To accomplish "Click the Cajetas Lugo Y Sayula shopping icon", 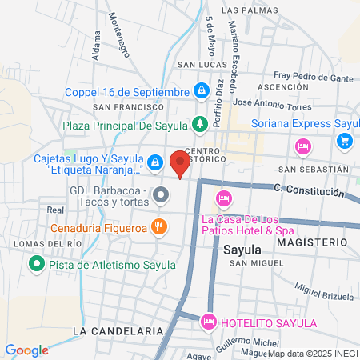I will (x=155, y=163).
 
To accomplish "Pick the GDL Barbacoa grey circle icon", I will (x=161, y=194).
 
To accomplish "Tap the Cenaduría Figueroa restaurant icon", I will (x=160, y=226).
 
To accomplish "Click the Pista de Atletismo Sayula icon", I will (x=36, y=262).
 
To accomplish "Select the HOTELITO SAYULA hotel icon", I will (x=209, y=322).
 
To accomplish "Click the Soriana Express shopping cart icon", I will (x=345, y=141).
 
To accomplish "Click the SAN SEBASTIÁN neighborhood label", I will (x=314, y=170).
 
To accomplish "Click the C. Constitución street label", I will (x=309, y=191).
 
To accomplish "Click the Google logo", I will (x=27, y=350).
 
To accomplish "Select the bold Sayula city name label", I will (x=243, y=249).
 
